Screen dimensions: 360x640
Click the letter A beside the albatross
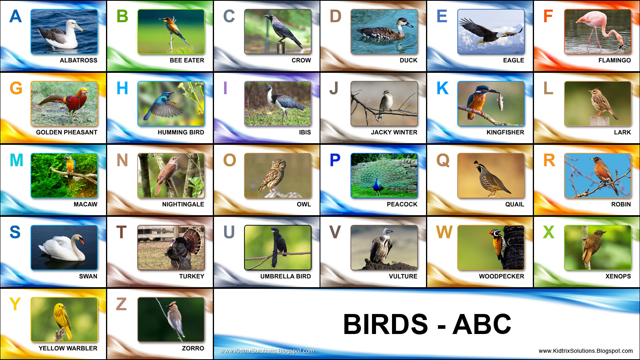point(16,16)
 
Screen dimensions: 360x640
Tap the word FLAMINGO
point(614,60)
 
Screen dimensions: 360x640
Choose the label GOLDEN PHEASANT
point(66,132)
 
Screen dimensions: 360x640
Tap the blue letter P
point(335,160)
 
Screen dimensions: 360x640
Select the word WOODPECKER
point(501,276)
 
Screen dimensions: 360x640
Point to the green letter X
point(548,232)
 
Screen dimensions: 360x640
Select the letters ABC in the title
point(482,324)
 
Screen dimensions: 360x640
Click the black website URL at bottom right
point(586,351)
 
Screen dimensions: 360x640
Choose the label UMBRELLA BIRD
point(285,276)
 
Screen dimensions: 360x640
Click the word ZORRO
point(193,348)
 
